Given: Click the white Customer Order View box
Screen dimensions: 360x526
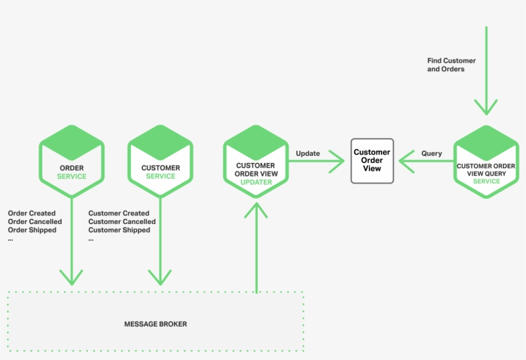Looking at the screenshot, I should tap(372, 161).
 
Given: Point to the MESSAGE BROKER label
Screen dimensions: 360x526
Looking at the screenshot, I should tap(155, 324).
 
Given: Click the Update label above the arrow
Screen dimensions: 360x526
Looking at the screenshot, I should tap(308, 153).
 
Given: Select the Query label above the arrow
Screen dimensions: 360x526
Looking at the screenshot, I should tap(431, 153).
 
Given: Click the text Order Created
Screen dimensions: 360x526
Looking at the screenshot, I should tap(31, 213).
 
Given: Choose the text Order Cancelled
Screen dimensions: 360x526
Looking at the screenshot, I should tap(35, 221).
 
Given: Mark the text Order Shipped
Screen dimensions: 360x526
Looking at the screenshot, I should tap(32, 230).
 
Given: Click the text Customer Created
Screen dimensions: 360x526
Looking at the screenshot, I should tap(119, 213).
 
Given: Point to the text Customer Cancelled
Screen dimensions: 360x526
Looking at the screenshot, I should tap(122, 221).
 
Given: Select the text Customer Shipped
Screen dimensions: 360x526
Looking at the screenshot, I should tap(119, 230).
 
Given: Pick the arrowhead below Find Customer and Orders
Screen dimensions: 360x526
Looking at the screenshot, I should tap(486, 107).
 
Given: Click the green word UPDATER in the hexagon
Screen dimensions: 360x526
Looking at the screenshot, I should tap(256, 182).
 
